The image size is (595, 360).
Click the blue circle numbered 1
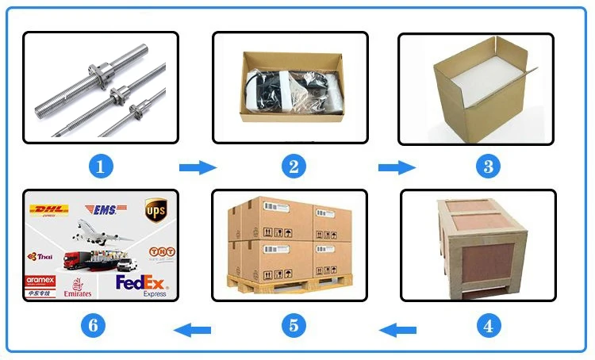100,167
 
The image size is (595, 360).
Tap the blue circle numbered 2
293,167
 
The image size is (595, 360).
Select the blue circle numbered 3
487,167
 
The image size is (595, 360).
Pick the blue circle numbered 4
487,324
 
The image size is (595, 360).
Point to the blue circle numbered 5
293,324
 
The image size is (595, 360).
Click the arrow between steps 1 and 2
197,167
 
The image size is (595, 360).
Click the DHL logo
49,210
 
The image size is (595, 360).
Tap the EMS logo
105,209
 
